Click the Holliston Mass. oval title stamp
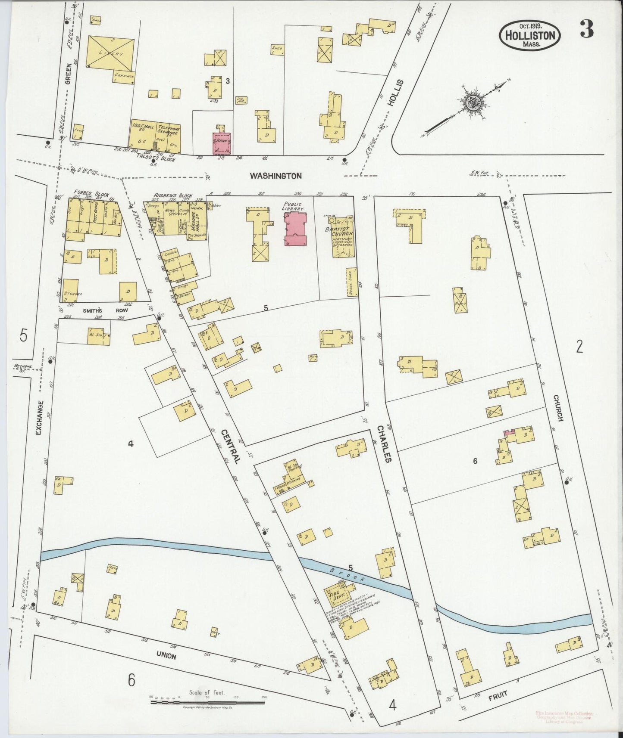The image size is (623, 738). (530, 35)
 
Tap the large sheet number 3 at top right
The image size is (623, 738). (587, 29)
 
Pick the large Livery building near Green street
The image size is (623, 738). (110, 54)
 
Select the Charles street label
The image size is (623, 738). (385, 444)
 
